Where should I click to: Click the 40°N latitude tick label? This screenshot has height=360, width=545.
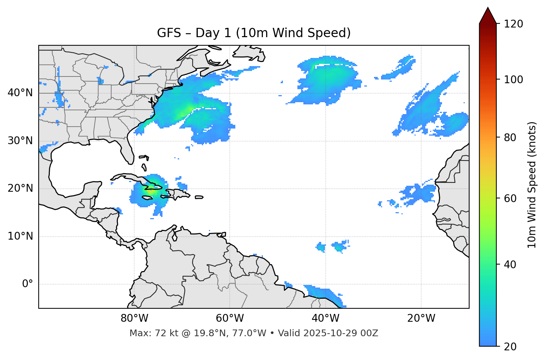(x=20, y=93)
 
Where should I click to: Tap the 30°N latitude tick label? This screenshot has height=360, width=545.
(x=20, y=141)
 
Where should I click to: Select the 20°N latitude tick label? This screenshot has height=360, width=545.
(x=20, y=188)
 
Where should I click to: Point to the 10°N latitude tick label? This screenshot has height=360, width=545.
(x=20, y=236)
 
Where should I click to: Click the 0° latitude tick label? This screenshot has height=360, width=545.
(x=28, y=284)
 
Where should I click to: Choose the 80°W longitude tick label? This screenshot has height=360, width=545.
(x=134, y=318)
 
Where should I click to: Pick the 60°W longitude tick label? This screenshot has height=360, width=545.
(x=230, y=318)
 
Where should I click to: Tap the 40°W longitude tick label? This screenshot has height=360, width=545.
(x=326, y=318)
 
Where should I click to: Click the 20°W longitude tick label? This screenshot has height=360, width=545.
(x=421, y=318)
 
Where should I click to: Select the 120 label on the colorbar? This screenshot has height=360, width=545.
(x=513, y=24)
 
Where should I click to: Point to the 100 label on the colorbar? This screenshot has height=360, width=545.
(x=513, y=80)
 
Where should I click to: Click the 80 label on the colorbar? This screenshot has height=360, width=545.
(x=510, y=137)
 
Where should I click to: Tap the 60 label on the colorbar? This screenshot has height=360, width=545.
(x=510, y=198)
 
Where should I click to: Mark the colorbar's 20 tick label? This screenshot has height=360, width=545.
(x=510, y=347)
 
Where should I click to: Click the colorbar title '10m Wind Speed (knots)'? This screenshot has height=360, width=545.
(x=532, y=185)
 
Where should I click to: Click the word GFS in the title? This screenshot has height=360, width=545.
(x=169, y=33)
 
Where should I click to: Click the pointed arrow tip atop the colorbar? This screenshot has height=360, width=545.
(x=488, y=9)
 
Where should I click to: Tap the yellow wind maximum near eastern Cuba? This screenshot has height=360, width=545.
(x=150, y=191)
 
